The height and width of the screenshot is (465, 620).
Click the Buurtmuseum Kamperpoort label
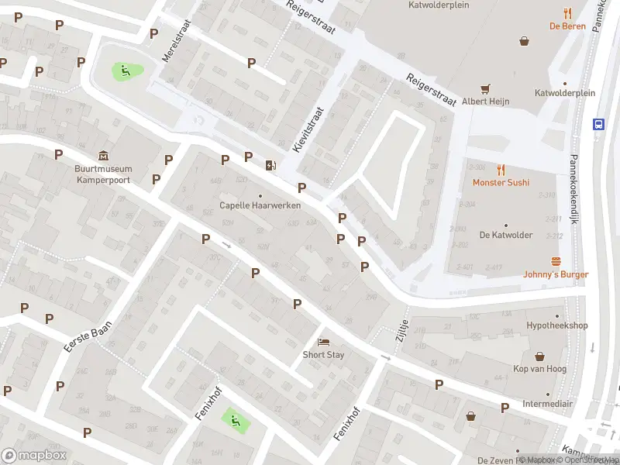(x=103, y=174)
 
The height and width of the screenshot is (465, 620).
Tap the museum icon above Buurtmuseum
(x=103, y=154)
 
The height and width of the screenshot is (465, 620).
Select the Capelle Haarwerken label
(x=260, y=205)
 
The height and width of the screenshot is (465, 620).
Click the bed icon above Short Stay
(x=323, y=342)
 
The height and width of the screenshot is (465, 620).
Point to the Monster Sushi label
(x=501, y=182)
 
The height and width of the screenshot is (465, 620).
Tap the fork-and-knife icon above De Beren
(x=567, y=12)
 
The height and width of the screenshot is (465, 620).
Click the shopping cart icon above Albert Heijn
(x=486, y=88)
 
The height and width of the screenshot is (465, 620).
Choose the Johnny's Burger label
(x=556, y=274)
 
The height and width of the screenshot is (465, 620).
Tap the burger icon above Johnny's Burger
(x=556, y=260)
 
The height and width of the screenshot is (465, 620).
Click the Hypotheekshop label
(x=556, y=325)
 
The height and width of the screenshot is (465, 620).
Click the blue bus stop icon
(x=598, y=124)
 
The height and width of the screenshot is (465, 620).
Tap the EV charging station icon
(x=270, y=164)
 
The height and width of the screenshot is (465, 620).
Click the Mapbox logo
(x=33, y=455)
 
